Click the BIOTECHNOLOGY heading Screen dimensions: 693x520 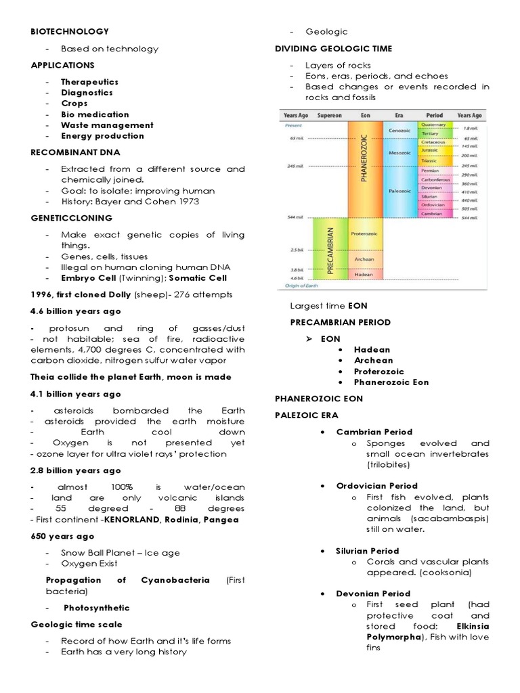tap(70, 31)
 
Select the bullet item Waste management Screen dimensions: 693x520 tap(107, 125)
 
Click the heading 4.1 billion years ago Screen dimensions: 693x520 tap(76, 394)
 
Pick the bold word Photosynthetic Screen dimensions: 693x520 tap(97, 607)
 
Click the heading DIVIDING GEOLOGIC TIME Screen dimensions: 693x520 tap(333, 49)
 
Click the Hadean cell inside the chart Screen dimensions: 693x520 tap(364, 275)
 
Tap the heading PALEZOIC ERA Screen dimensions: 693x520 tap(306, 415)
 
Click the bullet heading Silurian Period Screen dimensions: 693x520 tap(368, 551)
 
